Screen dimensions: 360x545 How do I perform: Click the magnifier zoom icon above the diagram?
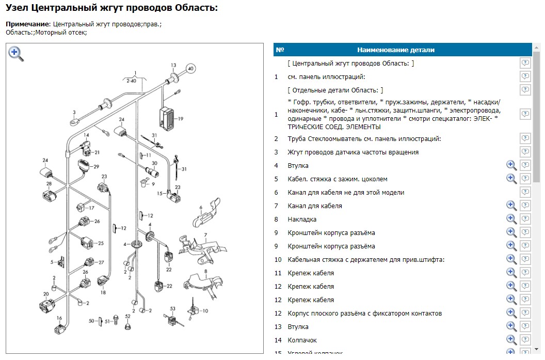pos(15,54)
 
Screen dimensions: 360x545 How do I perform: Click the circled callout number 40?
pos(190,68)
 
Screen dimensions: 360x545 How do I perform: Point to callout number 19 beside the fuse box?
pos(181,119)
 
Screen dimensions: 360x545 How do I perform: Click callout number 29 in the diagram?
pos(96,167)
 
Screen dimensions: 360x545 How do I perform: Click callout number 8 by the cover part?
pos(205,271)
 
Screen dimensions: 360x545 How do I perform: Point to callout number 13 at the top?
pos(173,65)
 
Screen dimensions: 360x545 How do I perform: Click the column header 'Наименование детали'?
pos(396,50)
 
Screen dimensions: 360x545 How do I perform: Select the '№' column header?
pos(280,50)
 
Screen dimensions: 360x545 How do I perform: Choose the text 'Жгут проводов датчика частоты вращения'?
pos(353,152)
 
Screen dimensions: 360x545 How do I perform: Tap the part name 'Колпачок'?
pos(302,340)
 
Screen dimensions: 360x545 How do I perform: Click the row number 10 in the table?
pos(278,260)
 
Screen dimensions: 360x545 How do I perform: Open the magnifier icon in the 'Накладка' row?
pos(511,220)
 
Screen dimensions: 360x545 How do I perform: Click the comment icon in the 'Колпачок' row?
pos(525,340)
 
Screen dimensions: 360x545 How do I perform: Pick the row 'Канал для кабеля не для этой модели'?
pos(346,193)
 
